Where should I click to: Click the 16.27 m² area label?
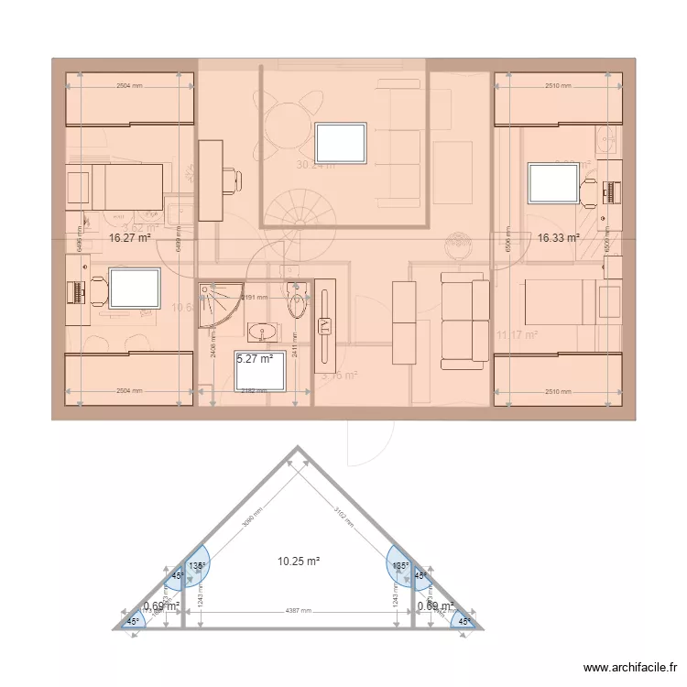click(x=129, y=237)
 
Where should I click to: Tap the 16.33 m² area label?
click(x=558, y=237)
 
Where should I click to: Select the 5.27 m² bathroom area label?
click(x=256, y=359)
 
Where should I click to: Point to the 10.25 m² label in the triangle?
click(x=298, y=561)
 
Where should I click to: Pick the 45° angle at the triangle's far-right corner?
click(x=464, y=621)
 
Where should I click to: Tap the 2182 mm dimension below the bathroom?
click(x=254, y=391)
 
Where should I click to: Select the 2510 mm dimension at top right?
click(x=558, y=86)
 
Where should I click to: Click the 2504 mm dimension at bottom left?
click(x=129, y=391)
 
